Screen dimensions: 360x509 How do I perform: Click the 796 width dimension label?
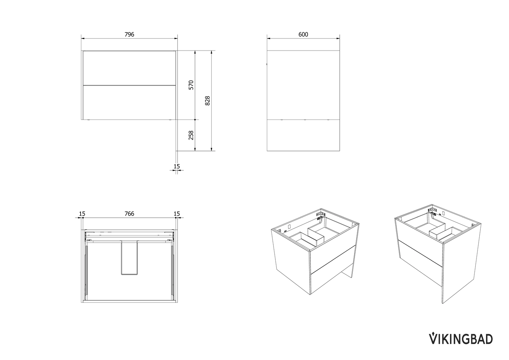[x=129, y=34]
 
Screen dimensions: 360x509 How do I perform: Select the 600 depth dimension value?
[x=303, y=34]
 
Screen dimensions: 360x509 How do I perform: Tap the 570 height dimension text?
[x=191, y=85]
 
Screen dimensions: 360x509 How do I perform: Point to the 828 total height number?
[x=208, y=101]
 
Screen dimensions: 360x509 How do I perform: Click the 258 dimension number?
[x=191, y=135]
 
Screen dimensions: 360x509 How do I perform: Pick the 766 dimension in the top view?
[x=129, y=214]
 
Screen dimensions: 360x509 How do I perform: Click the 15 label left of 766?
[x=82, y=214]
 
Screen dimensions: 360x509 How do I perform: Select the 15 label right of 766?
[x=177, y=214]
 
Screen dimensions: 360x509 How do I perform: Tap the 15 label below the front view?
[x=177, y=166]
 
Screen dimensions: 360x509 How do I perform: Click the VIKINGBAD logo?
[x=461, y=338]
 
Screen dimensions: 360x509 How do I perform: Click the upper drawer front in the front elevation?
[x=129, y=68]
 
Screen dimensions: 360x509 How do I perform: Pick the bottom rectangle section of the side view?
[x=303, y=135]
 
